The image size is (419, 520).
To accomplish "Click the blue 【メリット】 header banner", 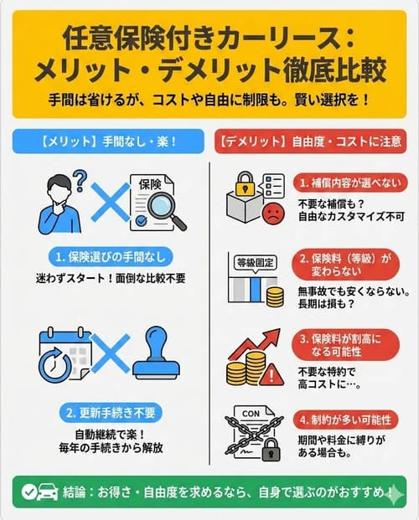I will coord(106,141).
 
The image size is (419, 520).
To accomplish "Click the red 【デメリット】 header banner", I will coord(312,141).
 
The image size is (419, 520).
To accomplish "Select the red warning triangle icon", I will coord(272,373).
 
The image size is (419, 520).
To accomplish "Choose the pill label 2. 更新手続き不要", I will coord(105,414).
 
